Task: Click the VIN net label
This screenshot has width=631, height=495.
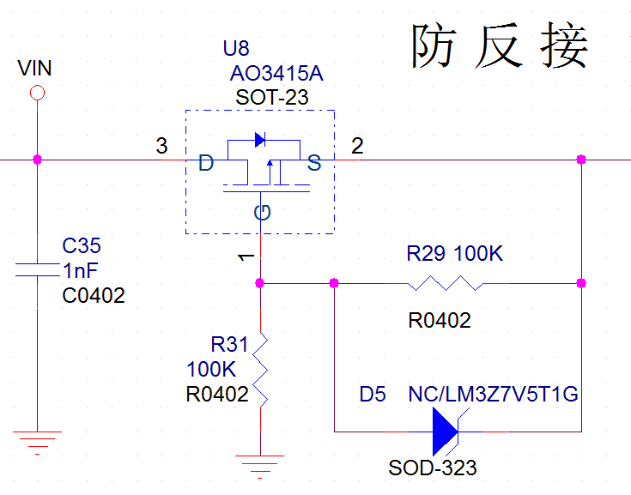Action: coord(35,69)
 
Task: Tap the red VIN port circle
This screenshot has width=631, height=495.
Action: coord(37,93)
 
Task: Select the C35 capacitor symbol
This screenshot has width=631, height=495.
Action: coord(37,271)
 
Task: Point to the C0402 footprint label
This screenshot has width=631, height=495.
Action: coord(94,296)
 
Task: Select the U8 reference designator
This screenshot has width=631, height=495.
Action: coord(236,48)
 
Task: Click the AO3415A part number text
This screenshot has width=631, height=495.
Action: coord(276,74)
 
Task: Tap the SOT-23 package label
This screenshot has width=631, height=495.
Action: coord(272,98)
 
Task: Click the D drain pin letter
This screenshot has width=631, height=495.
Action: coord(206,163)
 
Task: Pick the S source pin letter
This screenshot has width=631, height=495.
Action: coord(314,163)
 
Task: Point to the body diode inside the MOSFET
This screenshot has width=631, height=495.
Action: coord(261,140)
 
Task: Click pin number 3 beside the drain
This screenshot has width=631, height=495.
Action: coord(161,146)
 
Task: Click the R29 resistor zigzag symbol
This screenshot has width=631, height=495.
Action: coord(445,283)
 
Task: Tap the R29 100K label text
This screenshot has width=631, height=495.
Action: coord(454,255)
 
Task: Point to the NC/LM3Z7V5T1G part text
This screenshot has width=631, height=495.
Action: coord(494,395)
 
